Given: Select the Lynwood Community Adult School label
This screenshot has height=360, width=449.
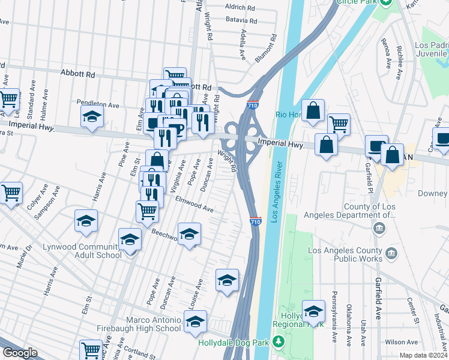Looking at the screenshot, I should tap(82, 251).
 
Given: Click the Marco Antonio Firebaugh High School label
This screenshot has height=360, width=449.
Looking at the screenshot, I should tap(139, 324).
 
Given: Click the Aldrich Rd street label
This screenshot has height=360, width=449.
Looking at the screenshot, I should tap(240, 7).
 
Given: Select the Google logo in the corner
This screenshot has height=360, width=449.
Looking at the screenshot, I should tap(20, 353).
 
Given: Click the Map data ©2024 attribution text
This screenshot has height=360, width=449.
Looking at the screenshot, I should tap(424, 355).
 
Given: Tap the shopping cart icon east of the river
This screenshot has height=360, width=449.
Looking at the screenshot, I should tap(339, 124).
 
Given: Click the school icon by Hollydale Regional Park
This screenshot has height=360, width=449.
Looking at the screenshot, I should tap(313, 310).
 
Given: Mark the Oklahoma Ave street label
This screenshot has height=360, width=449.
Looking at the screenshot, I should tap(349, 325).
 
